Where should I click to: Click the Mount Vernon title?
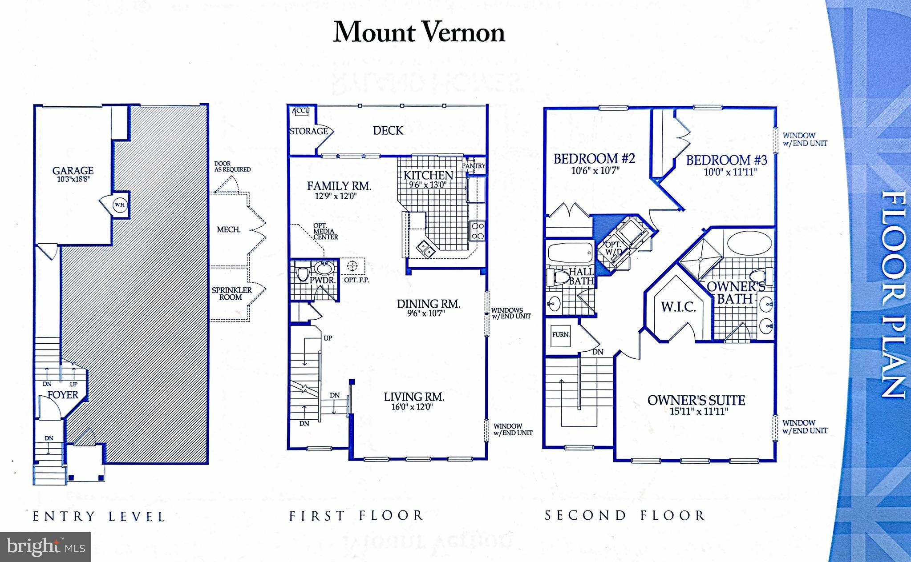[x=419, y=32]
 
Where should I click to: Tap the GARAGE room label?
[x=73, y=171]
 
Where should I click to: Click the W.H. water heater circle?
[x=119, y=205]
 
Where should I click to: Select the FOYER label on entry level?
[x=63, y=395]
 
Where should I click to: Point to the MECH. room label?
[x=228, y=230]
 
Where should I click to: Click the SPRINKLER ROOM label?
[x=231, y=293]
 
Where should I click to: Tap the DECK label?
[x=388, y=131]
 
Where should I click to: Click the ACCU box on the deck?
[x=300, y=111]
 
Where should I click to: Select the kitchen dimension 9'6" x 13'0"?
[x=428, y=185]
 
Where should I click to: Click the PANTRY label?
[x=473, y=166]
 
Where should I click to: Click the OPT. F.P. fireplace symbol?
[x=352, y=266]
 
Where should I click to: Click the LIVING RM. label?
[x=414, y=397]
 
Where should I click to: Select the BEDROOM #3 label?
[x=726, y=160]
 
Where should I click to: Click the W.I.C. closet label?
[x=678, y=307]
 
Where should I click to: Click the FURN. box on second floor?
[x=561, y=334]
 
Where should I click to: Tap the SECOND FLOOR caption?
[x=625, y=516]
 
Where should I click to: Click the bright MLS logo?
[x=45, y=546]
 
